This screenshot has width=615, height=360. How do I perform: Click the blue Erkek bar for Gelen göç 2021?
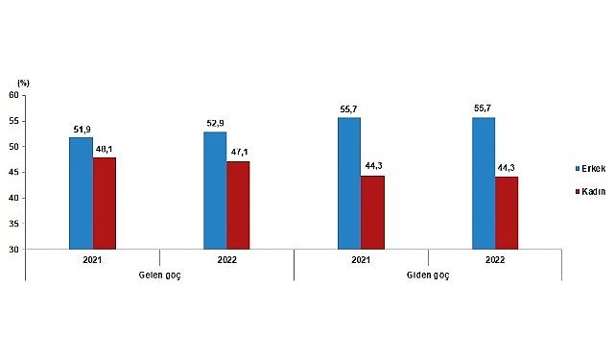tap(81, 193)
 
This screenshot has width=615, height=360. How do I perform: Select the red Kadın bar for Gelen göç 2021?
tap(104, 203)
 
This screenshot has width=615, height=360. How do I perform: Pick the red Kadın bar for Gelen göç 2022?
tap(238, 204)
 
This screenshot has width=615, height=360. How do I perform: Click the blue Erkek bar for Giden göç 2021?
tap(349, 183)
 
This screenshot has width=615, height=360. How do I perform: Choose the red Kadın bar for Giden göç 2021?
tap(372, 212)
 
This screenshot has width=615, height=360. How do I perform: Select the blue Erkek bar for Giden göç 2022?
tap(484, 183)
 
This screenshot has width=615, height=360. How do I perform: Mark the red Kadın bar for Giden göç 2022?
tap(507, 212)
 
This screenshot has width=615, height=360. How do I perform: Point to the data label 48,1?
tap(105, 149)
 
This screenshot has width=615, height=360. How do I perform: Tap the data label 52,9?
tap(215, 124)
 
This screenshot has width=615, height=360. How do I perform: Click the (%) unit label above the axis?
tap(24, 84)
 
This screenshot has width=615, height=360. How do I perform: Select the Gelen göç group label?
tap(159, 275)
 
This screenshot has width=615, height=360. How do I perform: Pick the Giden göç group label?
tap(428, 275)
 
